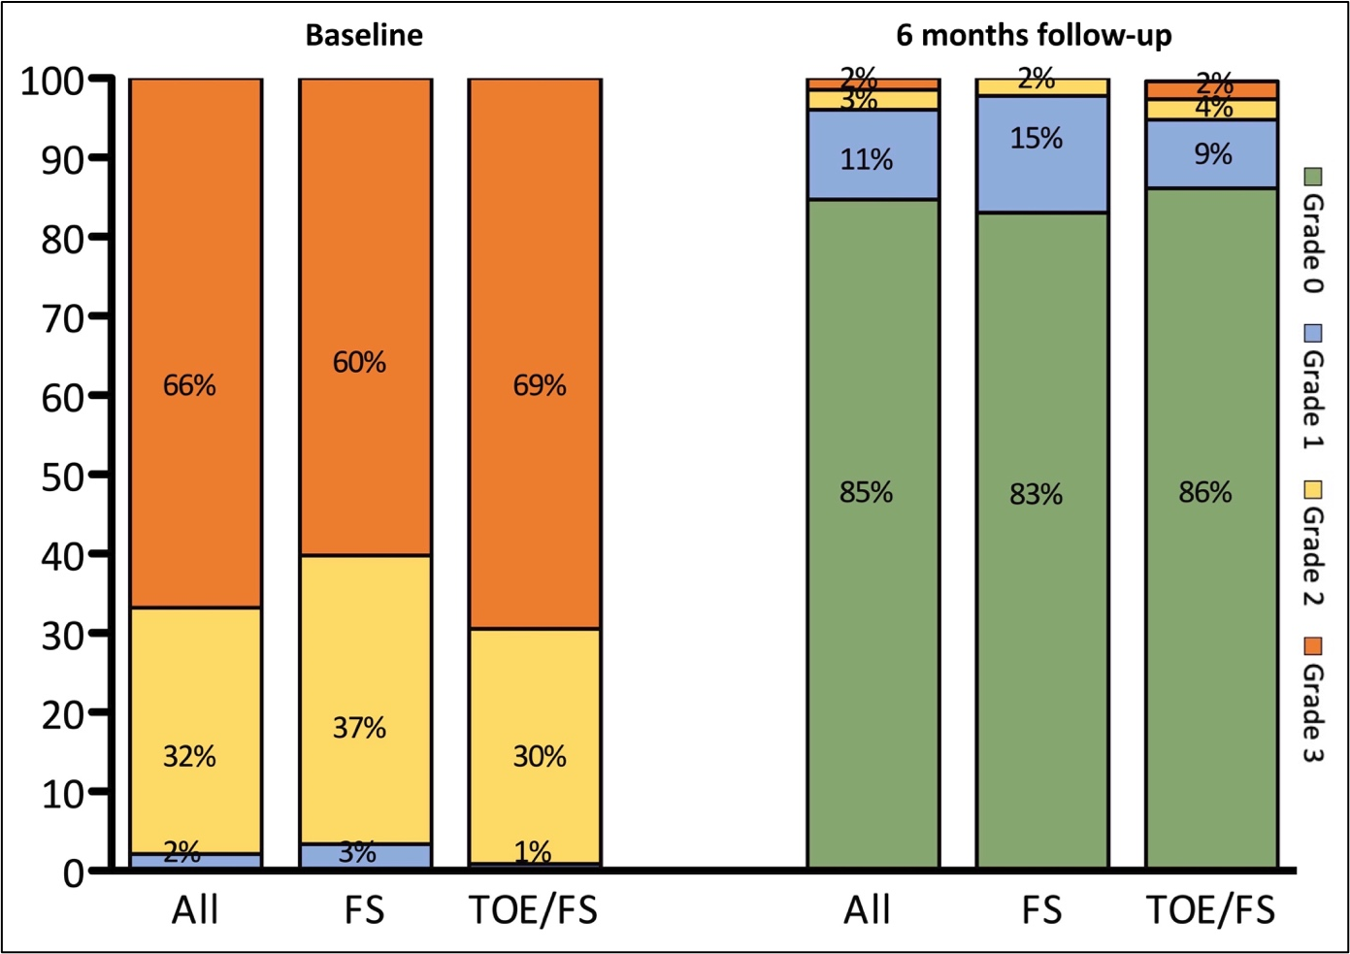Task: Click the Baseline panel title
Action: click(364, 36)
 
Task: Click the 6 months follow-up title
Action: click(1034, 36)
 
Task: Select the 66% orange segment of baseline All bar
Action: click(196, 340)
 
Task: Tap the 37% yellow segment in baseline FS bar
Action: click(365, 699)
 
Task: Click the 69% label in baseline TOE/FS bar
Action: click(540, 385)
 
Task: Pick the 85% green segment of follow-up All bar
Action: click(873, 534)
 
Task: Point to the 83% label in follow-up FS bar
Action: click(1036, 495)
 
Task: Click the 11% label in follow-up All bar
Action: click(866, 159)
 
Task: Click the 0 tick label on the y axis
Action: click(74, 873)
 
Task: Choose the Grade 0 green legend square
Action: click(1312, 178)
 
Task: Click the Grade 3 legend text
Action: click(1312, 714)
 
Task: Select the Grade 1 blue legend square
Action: click(1312, 334)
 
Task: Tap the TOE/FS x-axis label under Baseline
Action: click(533, 910)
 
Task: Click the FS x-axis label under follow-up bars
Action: click(1041, 910)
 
